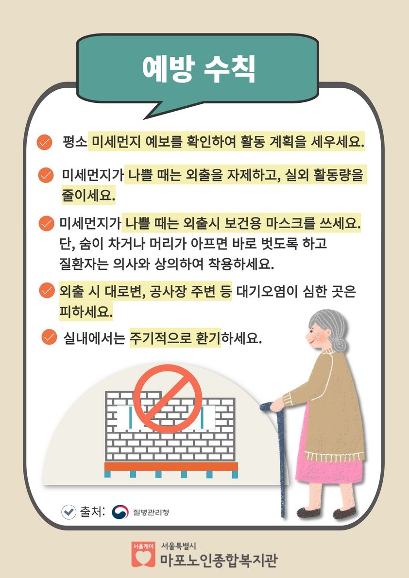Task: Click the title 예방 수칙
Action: coord(199,68)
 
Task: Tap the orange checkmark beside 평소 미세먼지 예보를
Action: coord(44,142)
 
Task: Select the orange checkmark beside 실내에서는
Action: coord(50,336)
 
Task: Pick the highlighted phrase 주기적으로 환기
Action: coord(175,337)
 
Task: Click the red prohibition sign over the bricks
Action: coord(168,398)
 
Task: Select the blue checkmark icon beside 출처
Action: coord(69,512)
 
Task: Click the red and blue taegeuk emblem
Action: coord(120,512)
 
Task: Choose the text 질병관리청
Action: coord(151,512)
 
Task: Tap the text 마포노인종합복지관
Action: coord(219,560)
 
